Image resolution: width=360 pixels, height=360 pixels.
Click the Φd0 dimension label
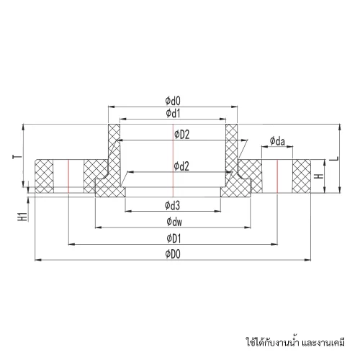[173, 101]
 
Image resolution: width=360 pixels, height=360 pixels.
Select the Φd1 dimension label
[173, 113]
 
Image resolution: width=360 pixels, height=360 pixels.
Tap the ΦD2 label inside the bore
[182, 135]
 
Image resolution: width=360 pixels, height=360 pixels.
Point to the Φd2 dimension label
[181, 166]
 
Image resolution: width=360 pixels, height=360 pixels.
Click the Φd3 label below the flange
[172, 205]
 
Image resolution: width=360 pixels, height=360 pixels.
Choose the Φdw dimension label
[174, 222]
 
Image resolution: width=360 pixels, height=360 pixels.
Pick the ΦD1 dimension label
[174, 238]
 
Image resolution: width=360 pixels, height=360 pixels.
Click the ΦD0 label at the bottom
[173, 254]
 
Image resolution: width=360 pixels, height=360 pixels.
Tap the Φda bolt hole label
[277, 141]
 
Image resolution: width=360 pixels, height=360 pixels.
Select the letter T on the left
[17, 157]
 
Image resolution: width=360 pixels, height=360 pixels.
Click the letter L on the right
[337, 158]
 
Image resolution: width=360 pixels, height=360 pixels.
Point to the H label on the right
[319, 176]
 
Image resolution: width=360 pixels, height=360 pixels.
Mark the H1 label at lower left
[24, 216]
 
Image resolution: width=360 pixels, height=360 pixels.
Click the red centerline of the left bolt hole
[68, 176]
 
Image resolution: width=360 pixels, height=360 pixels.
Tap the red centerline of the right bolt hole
[277, 176]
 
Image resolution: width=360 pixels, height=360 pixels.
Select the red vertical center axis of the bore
[173, 160]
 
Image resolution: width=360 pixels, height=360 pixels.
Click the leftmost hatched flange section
[44, 176]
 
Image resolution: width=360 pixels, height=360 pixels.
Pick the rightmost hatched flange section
[302, 176]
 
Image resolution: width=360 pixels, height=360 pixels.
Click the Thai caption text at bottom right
[295, 342]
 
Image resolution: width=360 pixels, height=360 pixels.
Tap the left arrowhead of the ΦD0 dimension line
[38, 260]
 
